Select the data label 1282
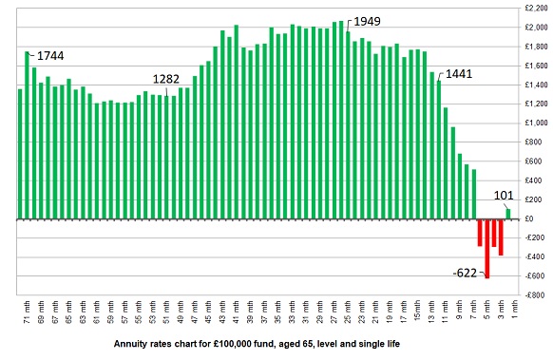tap(172, 80)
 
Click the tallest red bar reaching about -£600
tap(487, 247)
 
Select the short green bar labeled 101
tap(508, 214)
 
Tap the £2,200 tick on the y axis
tap(534, 8)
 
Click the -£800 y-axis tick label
tap(536, 295)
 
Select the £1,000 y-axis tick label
tap(534, 123)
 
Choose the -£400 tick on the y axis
tap(536, 257)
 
